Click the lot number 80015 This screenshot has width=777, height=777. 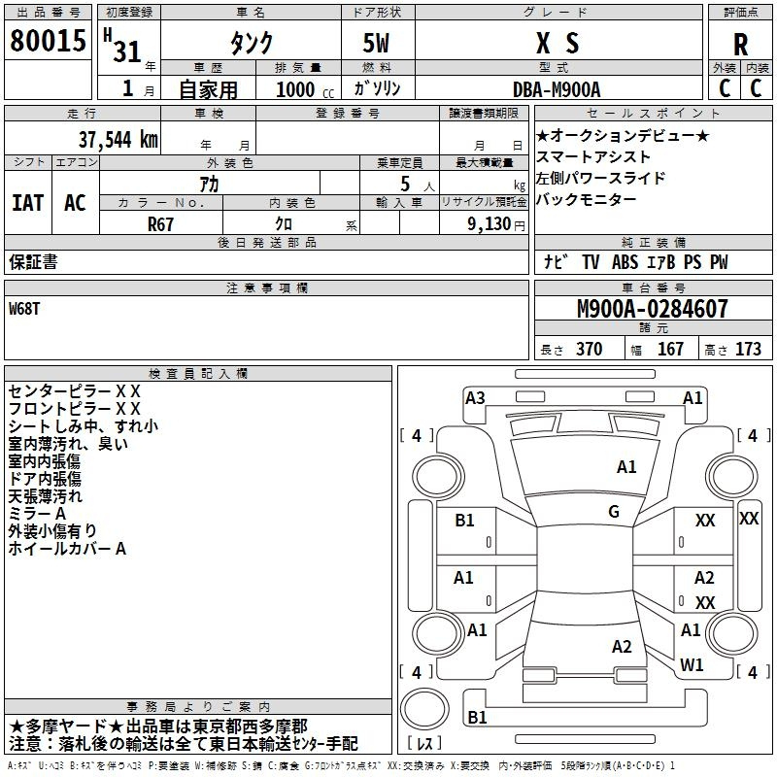(48, 40)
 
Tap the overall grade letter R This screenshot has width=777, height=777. (740, 45)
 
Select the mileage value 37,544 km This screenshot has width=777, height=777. (118, 140)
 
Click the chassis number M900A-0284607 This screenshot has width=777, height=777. (653, 308)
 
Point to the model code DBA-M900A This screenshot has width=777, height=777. (557, 89)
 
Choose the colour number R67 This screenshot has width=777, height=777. (160, 224)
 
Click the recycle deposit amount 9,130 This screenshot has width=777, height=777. (490, 224)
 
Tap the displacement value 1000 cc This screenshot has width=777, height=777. (305, 89)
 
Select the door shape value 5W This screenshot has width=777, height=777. (376, 43)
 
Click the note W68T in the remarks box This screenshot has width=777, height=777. (24, 309)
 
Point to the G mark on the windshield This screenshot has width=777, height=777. (614, 512)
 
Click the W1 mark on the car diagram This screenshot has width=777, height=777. (692, 664)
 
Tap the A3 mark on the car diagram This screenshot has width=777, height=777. (475, 398)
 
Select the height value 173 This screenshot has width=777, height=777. (748, 349)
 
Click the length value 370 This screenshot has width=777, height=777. (590, 349)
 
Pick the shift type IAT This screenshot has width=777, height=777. (28, 203)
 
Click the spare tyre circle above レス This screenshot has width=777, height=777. (424, 708)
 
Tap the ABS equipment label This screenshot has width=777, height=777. (625, 262)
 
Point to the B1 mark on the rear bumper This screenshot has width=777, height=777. (477, 717)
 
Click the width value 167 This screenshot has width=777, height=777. (670, 349)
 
